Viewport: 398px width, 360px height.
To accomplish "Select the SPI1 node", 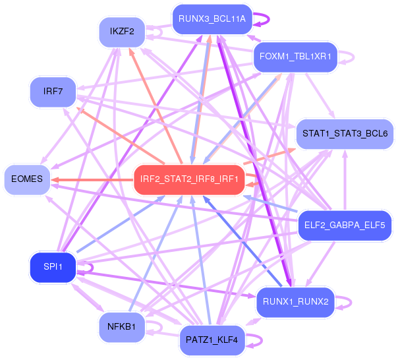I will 53,266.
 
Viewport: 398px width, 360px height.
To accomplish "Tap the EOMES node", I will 27,179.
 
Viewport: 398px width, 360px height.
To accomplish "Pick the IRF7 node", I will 53,91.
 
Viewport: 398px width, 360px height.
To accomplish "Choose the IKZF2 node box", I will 122,31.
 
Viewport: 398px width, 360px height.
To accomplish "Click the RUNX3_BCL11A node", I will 212,19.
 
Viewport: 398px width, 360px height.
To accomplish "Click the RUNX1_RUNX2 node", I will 295,302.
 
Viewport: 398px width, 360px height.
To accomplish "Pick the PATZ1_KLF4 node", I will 212,340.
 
